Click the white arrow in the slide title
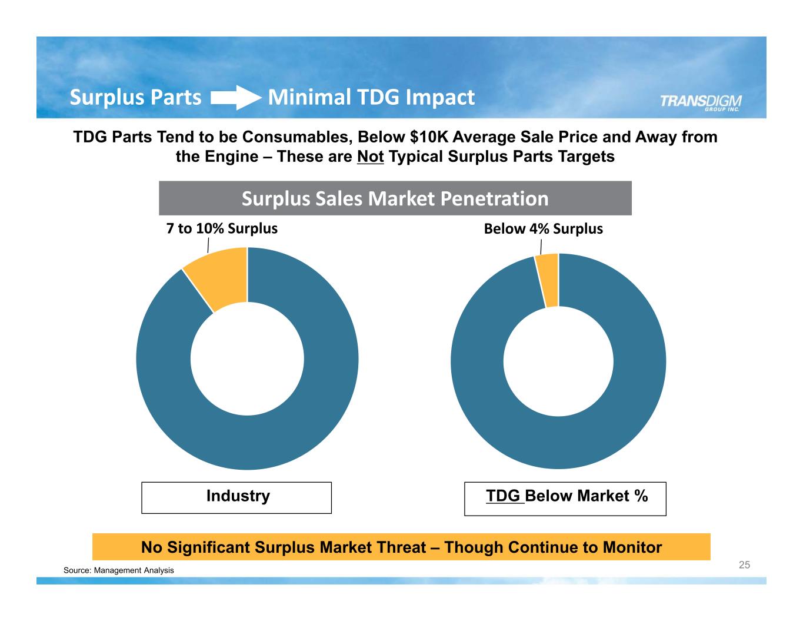coord(235,98)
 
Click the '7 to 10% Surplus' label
coord(222,228)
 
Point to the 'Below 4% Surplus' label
coord(543,229)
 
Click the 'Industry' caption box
coord(236,497)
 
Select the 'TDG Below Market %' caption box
coord(565,498)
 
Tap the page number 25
coord(744,565)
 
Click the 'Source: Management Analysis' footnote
coord(119,570)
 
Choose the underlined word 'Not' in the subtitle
coord(370,157)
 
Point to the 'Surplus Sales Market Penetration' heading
coord(395,199)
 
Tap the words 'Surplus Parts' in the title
coord(135,97)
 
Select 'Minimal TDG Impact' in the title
coord(371,97)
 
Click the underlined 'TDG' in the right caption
coord(504,496)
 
